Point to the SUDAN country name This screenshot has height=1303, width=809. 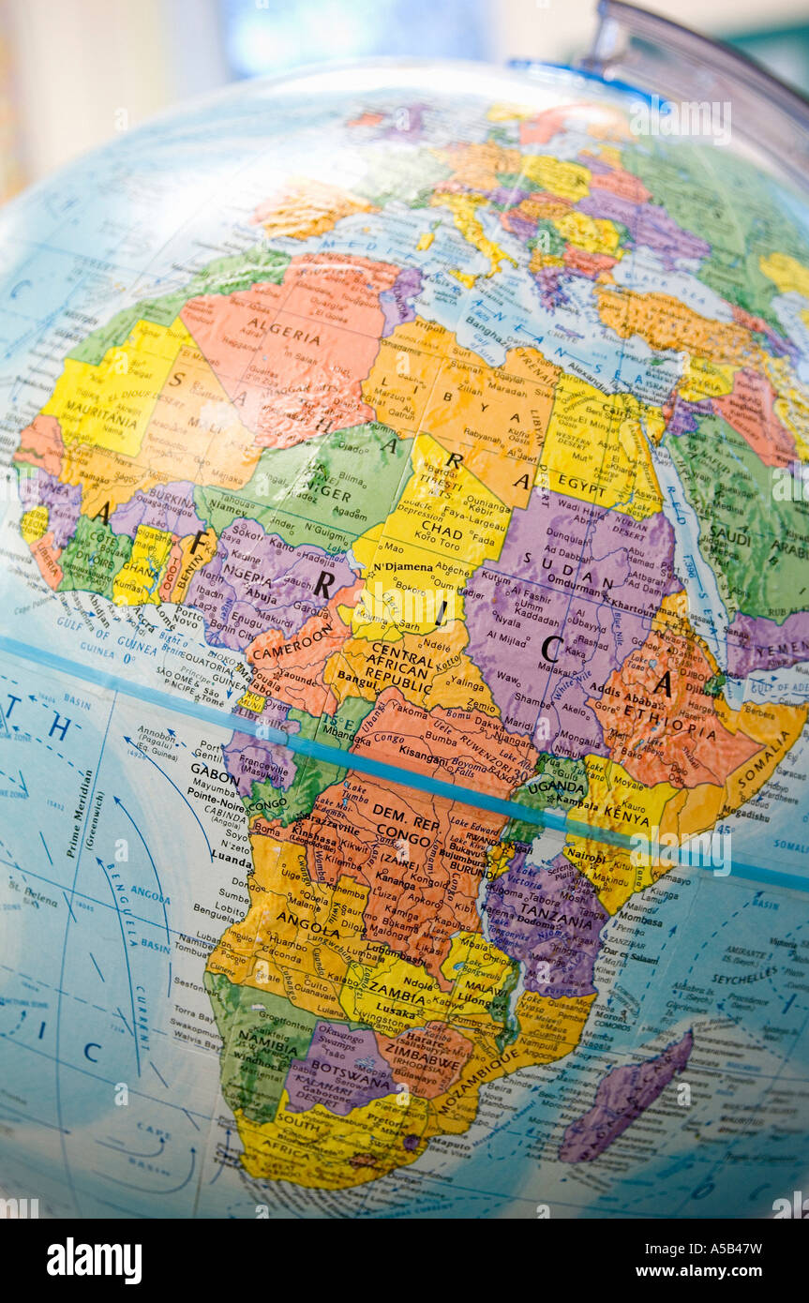tap(554, 560)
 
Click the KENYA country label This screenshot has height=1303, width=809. tap(627, 818)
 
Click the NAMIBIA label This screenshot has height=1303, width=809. tap(266, 1038)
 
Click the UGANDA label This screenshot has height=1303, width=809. tap(555, 787)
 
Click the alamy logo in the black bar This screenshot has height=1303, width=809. tap(94, 1260)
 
